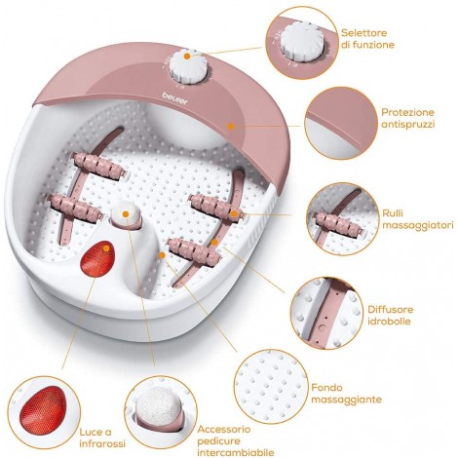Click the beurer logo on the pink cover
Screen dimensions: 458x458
[x=175, y=98]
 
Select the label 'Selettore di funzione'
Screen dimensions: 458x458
[x=367, y=39]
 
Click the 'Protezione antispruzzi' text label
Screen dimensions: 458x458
[x=407, y=118]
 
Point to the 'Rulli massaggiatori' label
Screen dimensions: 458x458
[x=417, y=219]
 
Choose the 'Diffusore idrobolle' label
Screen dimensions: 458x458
[x=390, y=315]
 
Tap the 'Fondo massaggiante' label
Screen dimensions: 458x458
[x=346, y=394]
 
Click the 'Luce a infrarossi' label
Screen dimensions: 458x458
[x=102, y=438]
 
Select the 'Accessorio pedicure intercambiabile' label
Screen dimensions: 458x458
[x=236, y=440]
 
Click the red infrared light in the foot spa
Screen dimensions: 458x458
[x=97, y=258]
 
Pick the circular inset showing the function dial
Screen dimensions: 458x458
[x=302, y=44]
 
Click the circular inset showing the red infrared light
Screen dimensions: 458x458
[x=44, y=412]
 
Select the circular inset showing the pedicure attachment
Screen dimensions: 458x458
[x=161, y=412]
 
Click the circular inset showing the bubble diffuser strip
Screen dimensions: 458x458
[x=327, y=313]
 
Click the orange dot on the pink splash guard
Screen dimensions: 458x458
[x=231, y=126]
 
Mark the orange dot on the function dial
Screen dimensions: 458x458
[x=187, y=57]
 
